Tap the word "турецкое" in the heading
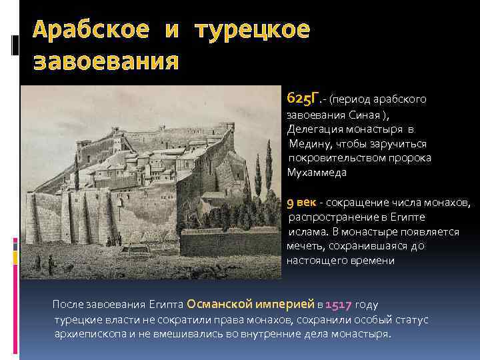(253, 31)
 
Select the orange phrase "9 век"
(301, 202)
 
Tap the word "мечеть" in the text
(305, 246)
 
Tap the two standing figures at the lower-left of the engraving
(43, 263)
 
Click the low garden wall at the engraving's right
(230, 243)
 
